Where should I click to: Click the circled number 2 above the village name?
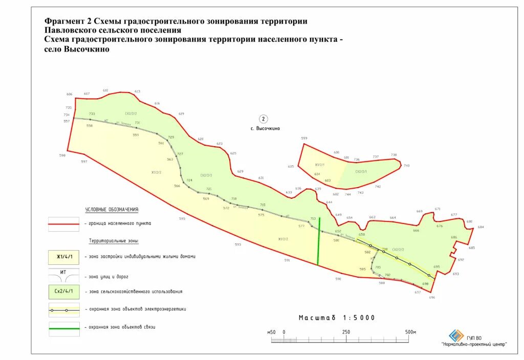point(264,119)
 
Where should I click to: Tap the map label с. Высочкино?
point(265,129)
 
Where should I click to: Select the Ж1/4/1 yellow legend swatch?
point(64,256)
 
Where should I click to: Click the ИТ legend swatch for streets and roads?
point(64,275)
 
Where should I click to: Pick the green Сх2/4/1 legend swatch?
point(64,291)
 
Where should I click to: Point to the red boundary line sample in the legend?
point(64,224)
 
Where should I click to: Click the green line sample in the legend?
point(64,327)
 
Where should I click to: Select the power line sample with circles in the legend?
point(64,310)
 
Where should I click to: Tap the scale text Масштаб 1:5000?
point(337,318)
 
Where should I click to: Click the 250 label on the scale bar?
point(346,332)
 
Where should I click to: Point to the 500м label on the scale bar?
point(411,332)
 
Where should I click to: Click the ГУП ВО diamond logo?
point(456,335)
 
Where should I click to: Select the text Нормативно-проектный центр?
point(474,345)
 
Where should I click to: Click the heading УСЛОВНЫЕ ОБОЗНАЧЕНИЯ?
point(112,210)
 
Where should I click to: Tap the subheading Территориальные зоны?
point(114,240)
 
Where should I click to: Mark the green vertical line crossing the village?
point(319,241)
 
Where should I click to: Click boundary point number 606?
point(70,94)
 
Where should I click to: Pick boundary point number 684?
point(481,227)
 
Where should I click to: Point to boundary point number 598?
point(62,155)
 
